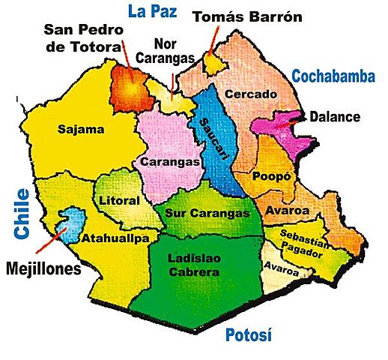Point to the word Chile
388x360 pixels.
21,214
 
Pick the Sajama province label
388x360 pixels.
80,130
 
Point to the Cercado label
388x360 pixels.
250,94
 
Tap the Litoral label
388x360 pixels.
119,201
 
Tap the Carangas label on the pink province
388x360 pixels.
170,162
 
